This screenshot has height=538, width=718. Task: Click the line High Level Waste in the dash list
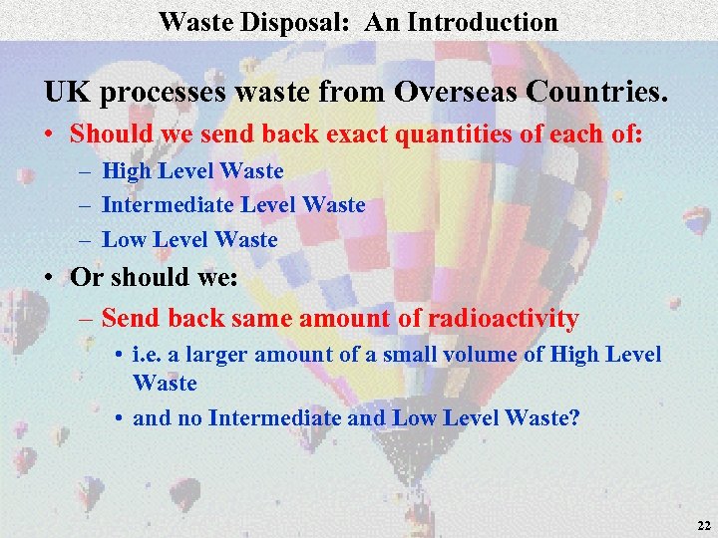click(192, 171)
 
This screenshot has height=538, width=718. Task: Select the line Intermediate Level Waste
click(233, 205)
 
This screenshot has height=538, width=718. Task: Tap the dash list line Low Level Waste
click(189, 239)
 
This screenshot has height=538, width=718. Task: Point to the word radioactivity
click(503, 319)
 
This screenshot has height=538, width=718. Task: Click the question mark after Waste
click(573, 418)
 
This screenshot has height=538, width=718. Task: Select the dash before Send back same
click(86, 319)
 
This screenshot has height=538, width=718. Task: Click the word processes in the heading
click(163, 93)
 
